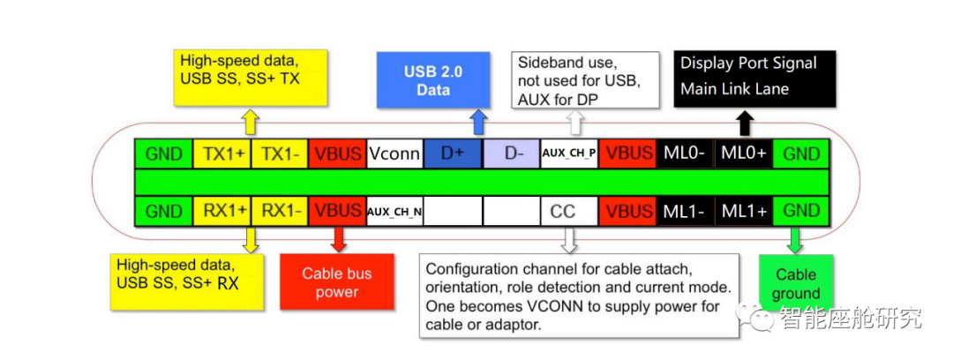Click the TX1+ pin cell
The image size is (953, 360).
pyautogui.click(x=222, y=154)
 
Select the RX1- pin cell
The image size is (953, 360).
pyautogui.click(x=280, y=212)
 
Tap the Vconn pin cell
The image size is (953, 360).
pyautogui.click(x=394, y=154)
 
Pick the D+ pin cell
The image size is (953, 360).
pyautogui.click(x=453, y=154)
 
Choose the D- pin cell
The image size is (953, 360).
pyautogui.click(x=511, y=154)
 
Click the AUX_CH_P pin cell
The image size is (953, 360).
pyautogui.click(x=569, y=154)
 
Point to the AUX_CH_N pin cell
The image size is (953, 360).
pyautogui.click(x=394, y=212)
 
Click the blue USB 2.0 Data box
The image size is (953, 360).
pyautogui.click(x=427, y=80)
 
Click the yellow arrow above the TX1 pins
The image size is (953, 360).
pyautogui.click(x=251, y=122)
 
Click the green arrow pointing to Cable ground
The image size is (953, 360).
pyautogui.click(x=795, y=240)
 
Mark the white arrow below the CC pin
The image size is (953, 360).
pyautogui.click(x=569, y=239)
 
